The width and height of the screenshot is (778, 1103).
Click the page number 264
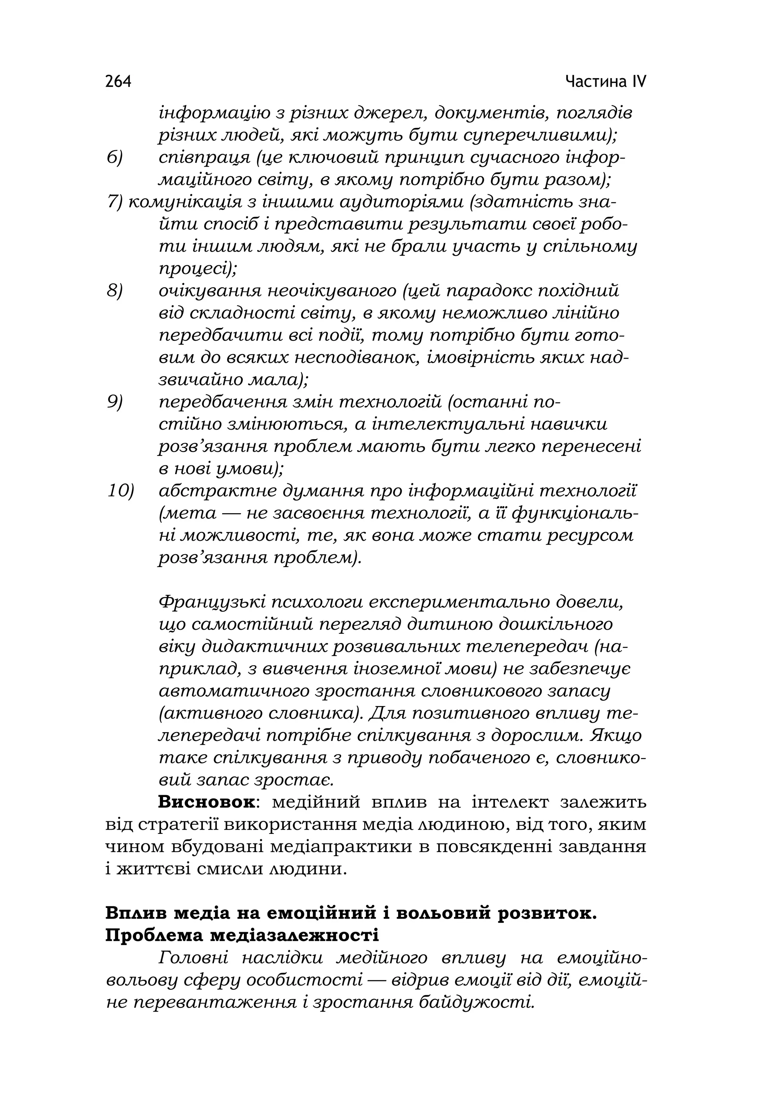pos(118,82)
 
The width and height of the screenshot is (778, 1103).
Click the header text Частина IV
pos(606,82)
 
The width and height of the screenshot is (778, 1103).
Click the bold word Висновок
pos(206,803)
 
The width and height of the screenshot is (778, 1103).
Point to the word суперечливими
pos(539,136)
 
